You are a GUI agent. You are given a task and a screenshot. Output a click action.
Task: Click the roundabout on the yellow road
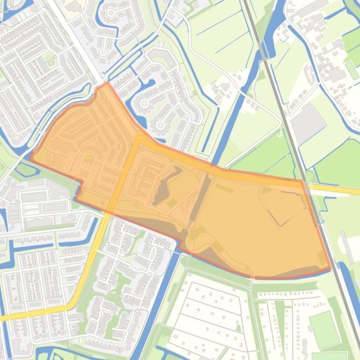click(140, 138)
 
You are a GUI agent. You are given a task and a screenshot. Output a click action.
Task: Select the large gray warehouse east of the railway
click(308, 123)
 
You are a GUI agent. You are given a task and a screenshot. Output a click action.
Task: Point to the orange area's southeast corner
click(331, 270)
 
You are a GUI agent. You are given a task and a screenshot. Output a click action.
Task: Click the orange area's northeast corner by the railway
click(302, 180)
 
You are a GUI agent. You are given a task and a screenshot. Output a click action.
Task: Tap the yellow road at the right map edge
click(356, 191)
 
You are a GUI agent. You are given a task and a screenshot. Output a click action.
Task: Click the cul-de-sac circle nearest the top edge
click(111, 13)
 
